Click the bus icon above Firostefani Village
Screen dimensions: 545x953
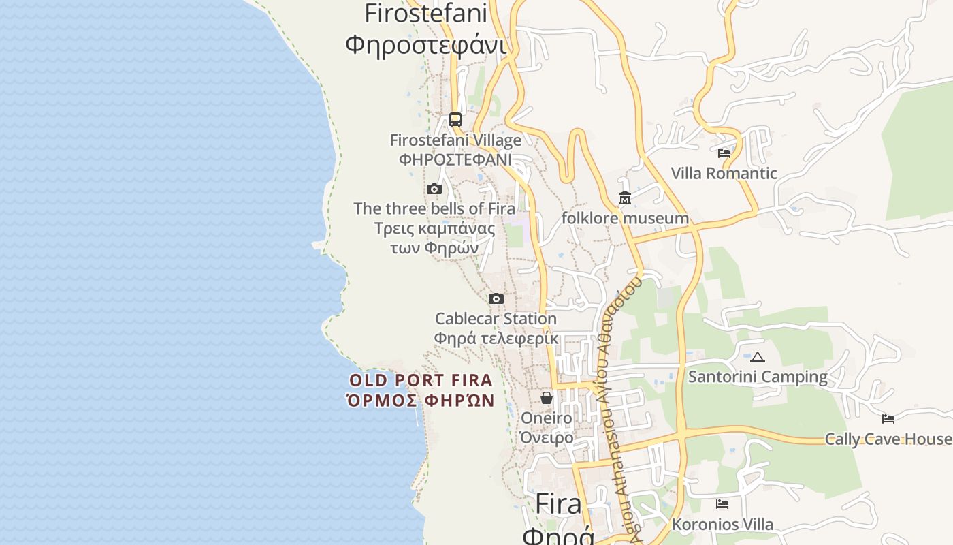[455, 120]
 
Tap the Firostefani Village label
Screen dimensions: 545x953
[455, 140]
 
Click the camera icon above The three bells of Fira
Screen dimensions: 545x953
[434, 189]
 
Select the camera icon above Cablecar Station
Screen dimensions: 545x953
[496, 298]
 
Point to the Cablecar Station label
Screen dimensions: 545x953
[496, 319]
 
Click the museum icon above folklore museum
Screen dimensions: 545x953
[625, 198]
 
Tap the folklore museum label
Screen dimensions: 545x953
[625, 218]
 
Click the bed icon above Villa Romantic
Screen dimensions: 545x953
[724, 153]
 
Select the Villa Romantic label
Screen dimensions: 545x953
[724, 173]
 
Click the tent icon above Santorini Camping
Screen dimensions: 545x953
[758, 357]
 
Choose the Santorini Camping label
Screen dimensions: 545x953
[758, 377]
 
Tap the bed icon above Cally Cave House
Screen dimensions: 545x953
[888, 418]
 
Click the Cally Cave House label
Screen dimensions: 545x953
[888, 439]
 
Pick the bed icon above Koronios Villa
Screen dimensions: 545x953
[722, 504]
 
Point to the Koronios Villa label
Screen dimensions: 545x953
[722, 525]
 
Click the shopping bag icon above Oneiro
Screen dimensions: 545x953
[547, 397]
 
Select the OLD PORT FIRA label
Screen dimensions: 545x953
[421, 380]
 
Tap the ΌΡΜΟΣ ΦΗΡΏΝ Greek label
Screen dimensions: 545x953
[421, 400]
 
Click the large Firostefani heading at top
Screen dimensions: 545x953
[426, 13]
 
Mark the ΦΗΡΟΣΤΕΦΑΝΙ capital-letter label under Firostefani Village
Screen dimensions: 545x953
[455, 159]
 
